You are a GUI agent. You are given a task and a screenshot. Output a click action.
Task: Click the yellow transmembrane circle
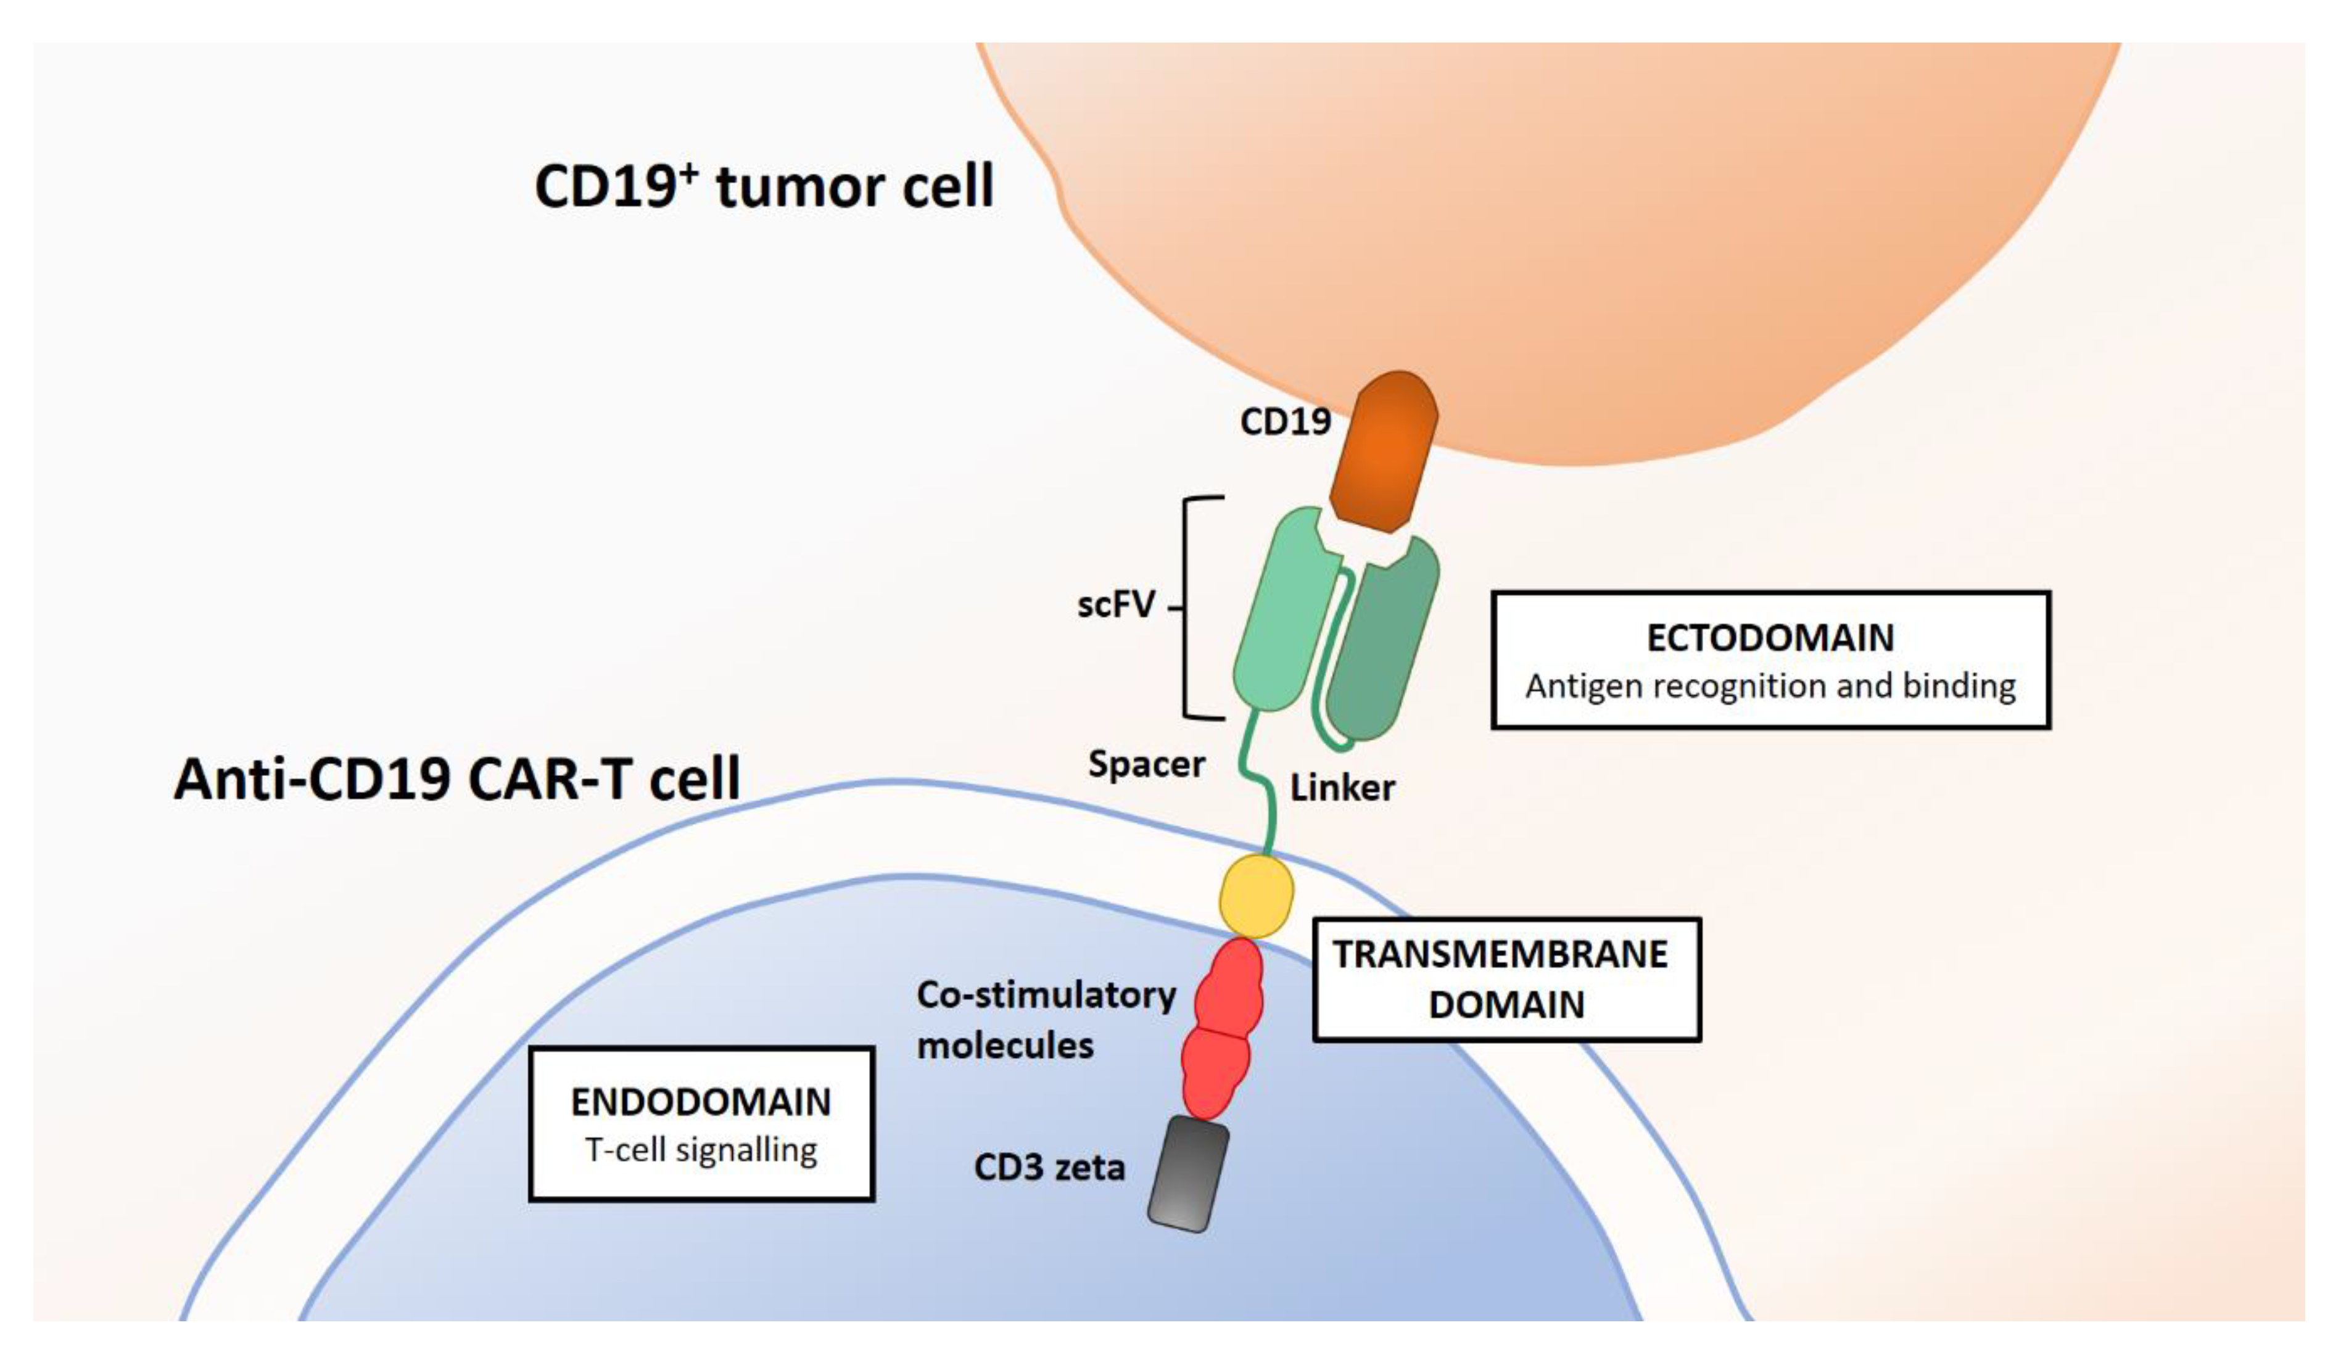[1257, 897]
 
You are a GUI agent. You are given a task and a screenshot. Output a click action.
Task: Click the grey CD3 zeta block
[1187, 1174]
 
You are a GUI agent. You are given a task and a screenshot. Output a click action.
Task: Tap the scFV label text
[1116, 605]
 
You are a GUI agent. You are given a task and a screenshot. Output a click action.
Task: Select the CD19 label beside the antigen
[1284, 423]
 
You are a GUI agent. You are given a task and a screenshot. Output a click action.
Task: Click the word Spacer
[1146, 764]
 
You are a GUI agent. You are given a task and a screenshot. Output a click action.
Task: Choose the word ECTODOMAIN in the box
[1769, 638]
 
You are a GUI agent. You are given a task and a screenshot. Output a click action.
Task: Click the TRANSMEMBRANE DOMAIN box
[1505, 980]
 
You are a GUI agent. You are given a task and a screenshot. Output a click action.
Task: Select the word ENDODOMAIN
[700, 1102]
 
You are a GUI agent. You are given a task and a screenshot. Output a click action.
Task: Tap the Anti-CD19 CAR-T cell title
[456, 778]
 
